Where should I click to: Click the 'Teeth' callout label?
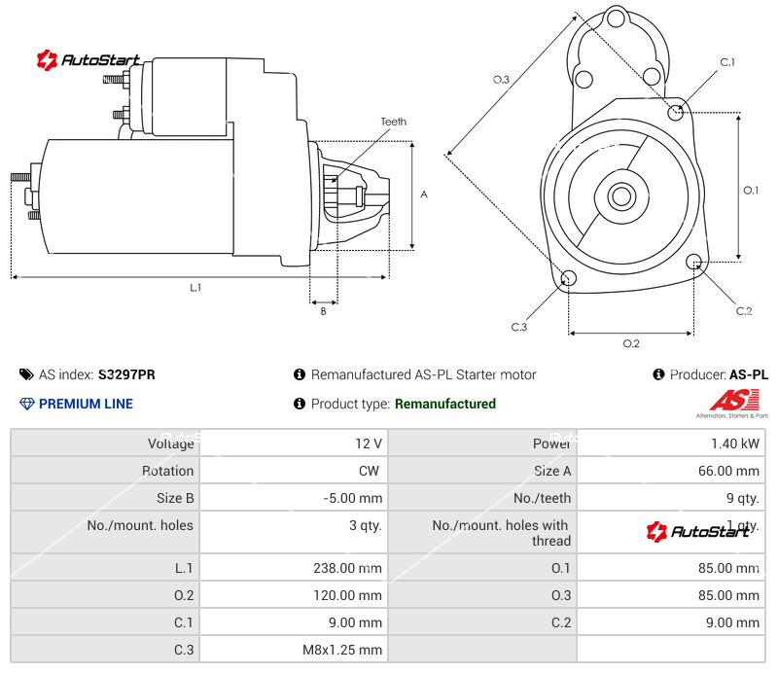[x=393, y=122]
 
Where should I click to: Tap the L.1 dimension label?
[x=195, y=287]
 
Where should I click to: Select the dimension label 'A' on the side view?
[x=424, y=195]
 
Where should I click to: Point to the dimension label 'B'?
[x=323, y=311]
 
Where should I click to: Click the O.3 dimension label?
[x=501, y=80]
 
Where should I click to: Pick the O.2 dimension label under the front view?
[x=631, y=343]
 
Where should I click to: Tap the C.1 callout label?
[x=726, y=62]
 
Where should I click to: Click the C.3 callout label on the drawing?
[x=518, y=327]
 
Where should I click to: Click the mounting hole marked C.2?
[x=694, y=262]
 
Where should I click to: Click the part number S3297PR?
[x=126, y=374]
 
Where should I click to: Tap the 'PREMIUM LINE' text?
[x=86, y=404]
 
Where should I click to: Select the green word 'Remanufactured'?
[x=445, y=404]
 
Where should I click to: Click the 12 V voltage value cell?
[x=369, y=443]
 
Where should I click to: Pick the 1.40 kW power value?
[x=735, y=443]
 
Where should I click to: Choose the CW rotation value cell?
[x=369, y=471]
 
